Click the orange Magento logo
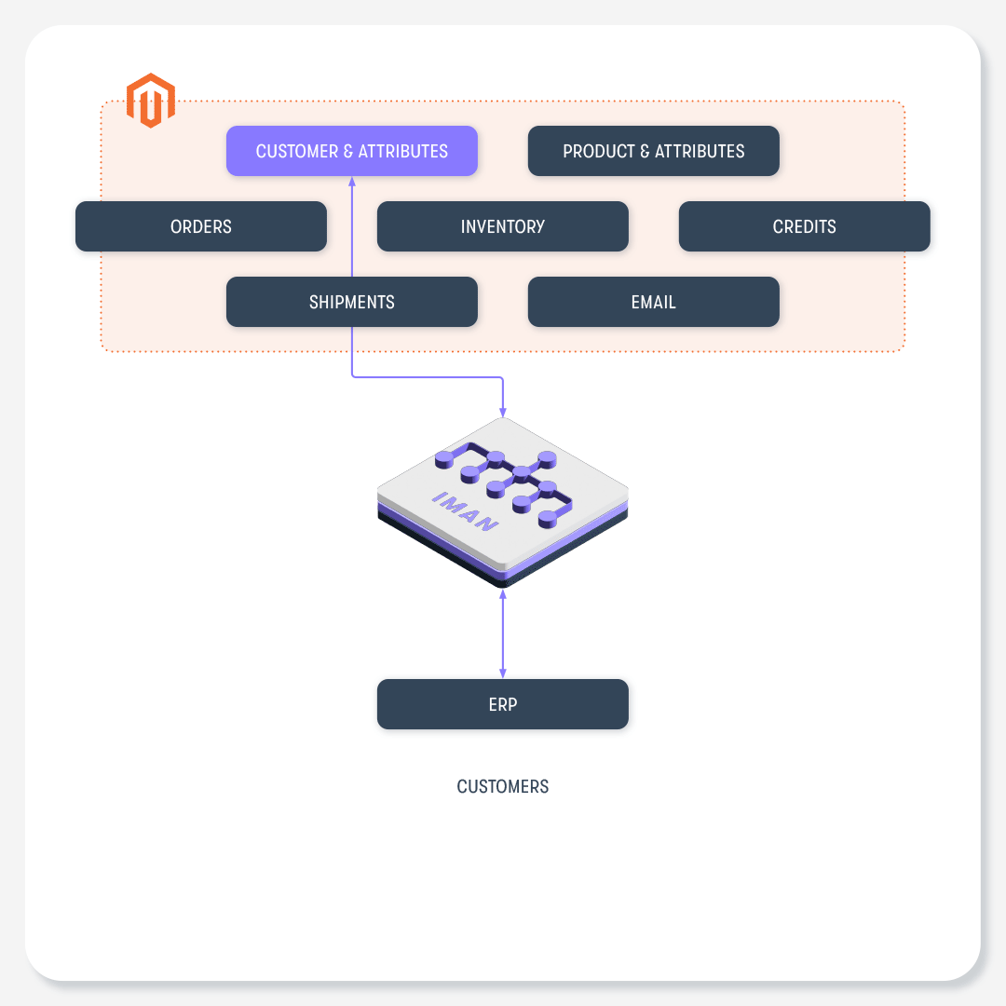tap(151, 100)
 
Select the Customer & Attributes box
tap(351, 151)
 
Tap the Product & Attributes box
tap(654, 151)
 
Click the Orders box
tap(201, 226)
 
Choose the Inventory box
tap(503, 226)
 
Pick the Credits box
tap(805, 226)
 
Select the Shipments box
tap(351, 302)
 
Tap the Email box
tap(654, 302)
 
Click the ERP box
tap(503, 704)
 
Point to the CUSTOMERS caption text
tap(503, 786)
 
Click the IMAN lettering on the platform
tap(466, 511)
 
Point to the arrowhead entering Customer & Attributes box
tap(351, 182)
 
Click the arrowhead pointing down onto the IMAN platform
tap(503, 412)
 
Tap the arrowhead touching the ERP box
tap(503, 673)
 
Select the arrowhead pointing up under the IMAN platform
tap(503, 594)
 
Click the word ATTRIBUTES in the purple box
tap(403, 152)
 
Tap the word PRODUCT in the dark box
tap(599, 152)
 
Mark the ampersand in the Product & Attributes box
tap(645, 152)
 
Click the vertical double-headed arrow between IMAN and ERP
tap(503, 634)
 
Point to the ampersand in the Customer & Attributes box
tap(348, 152)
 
